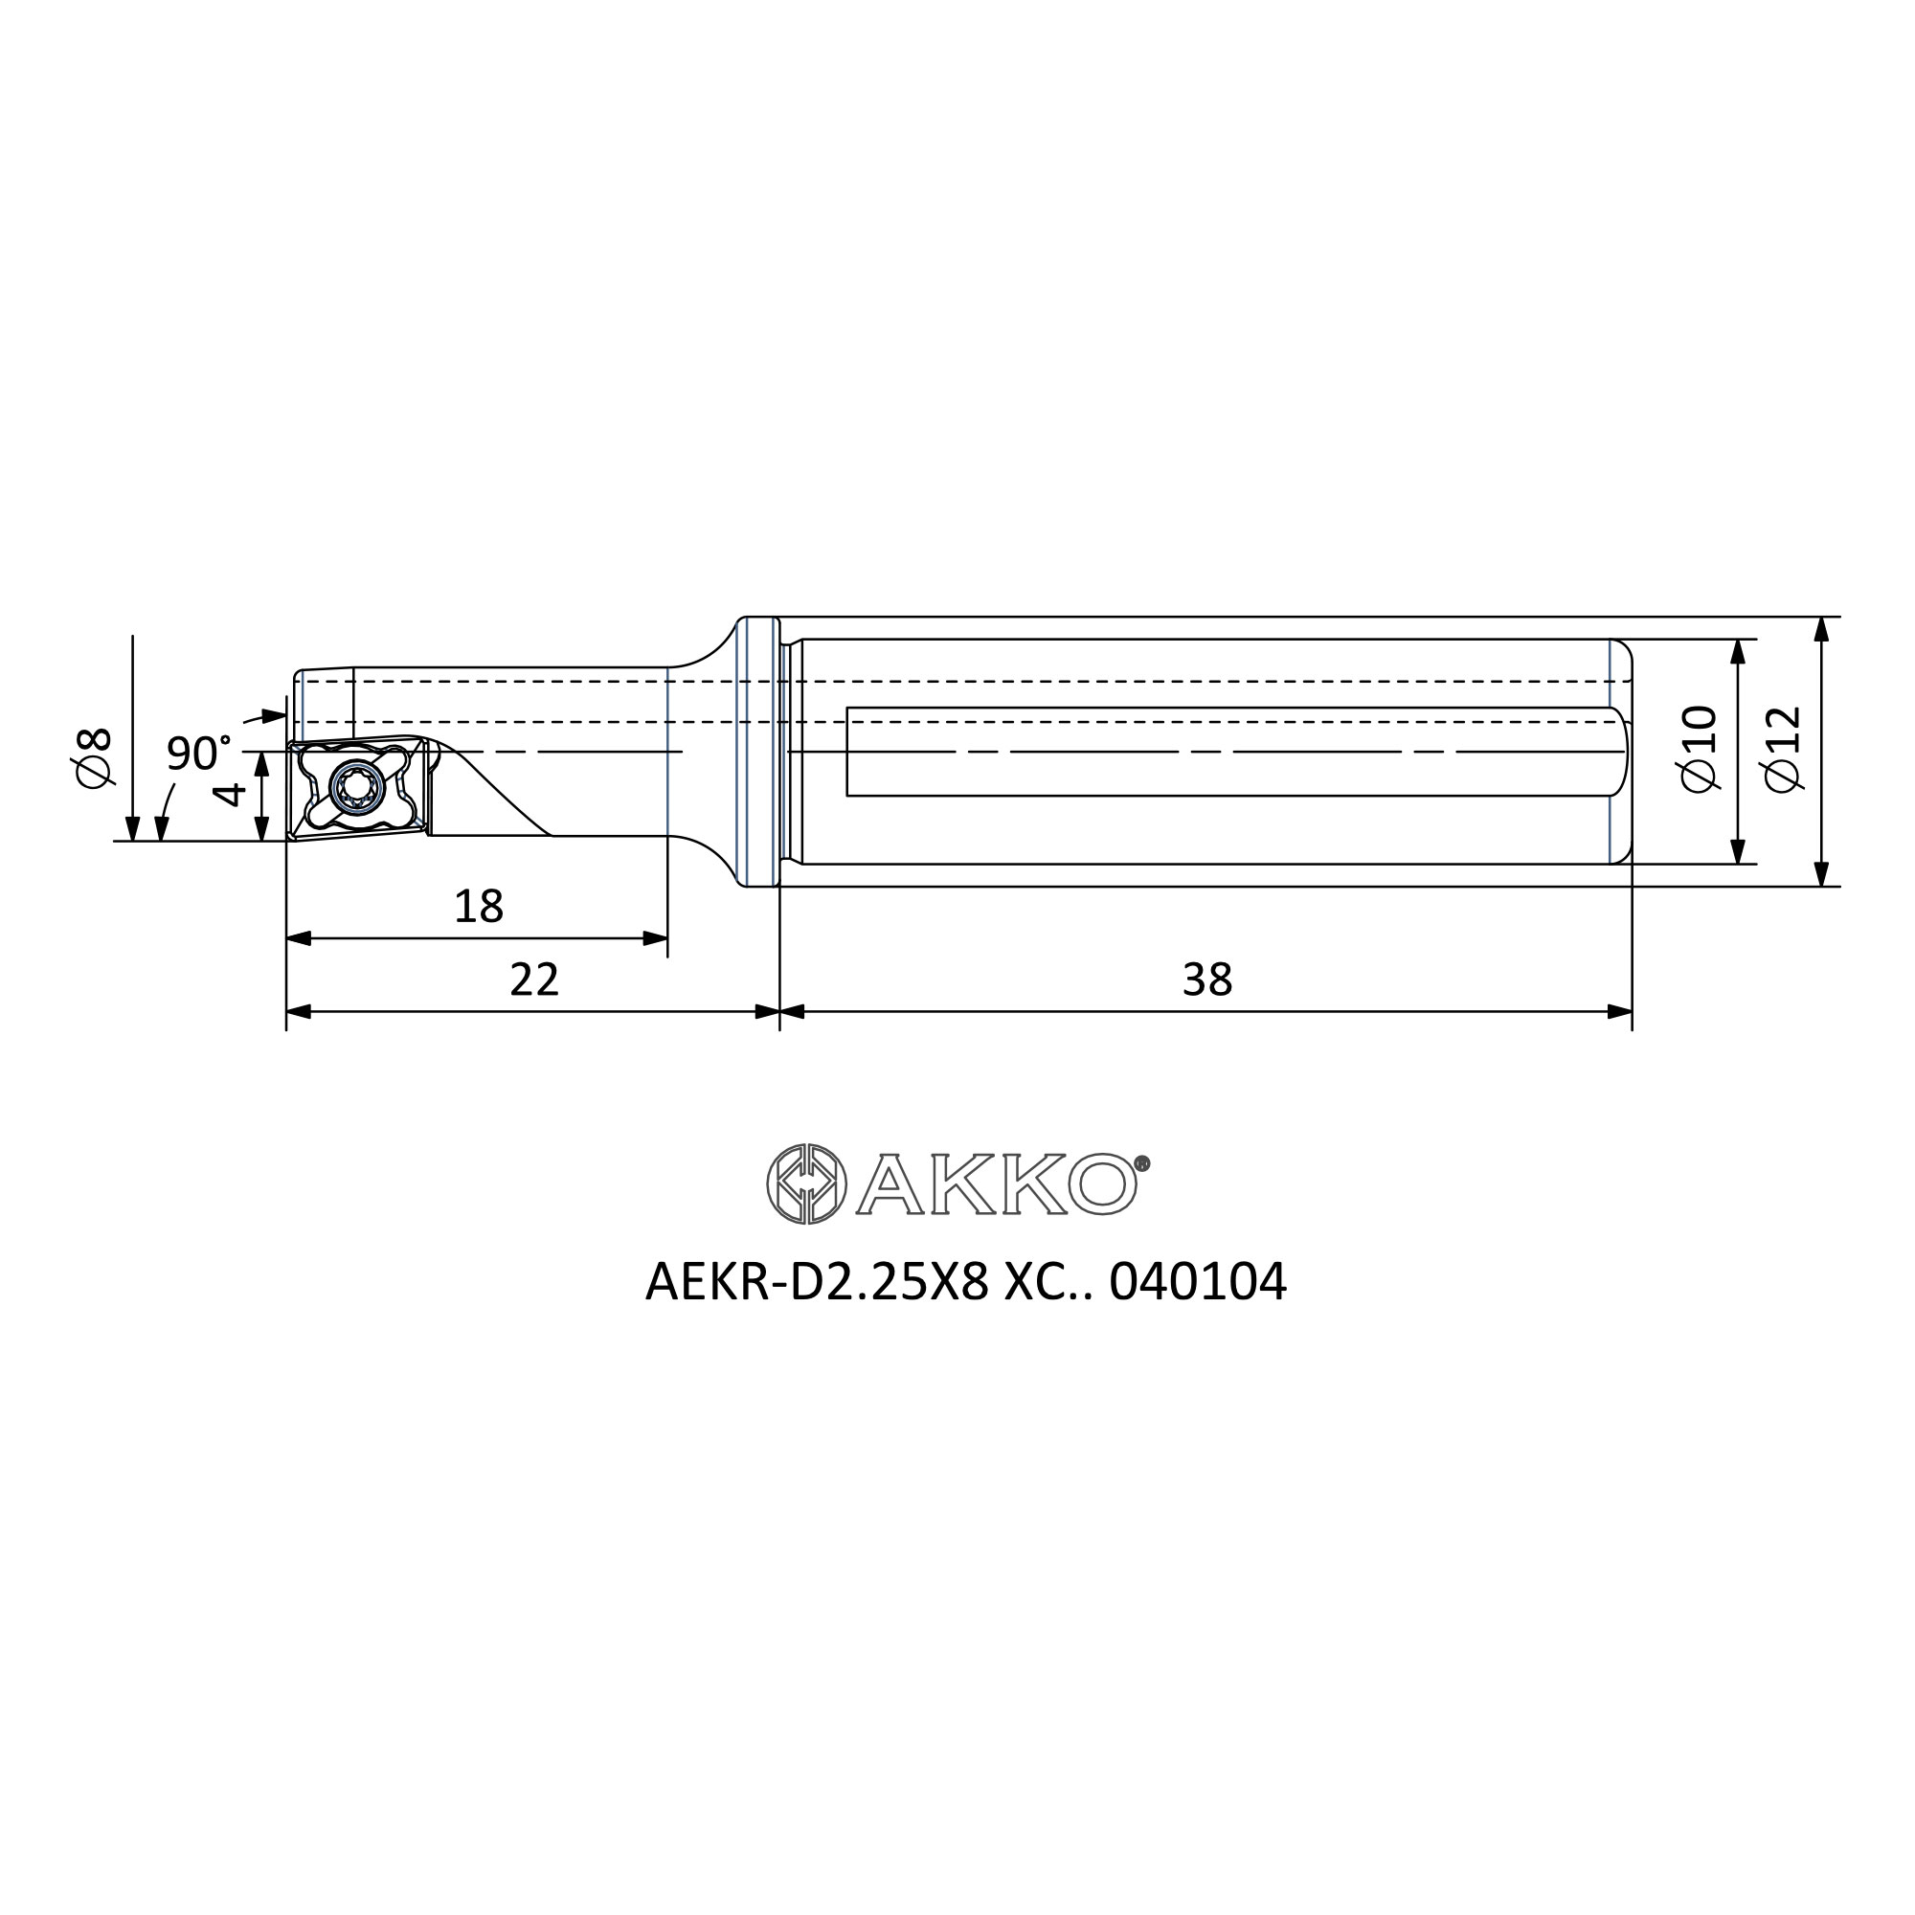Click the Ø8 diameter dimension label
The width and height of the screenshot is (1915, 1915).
95,758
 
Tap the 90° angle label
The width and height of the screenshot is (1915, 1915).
198,754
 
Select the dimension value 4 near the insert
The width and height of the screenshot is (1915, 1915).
229,793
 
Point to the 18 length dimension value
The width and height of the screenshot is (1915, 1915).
479,906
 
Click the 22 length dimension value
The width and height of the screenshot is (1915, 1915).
534,980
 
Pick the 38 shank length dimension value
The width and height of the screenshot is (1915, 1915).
1207,980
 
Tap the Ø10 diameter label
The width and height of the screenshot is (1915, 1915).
1699,749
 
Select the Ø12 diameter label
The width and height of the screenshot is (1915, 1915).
1783,749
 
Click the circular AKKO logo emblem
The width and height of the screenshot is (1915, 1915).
807,1183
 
